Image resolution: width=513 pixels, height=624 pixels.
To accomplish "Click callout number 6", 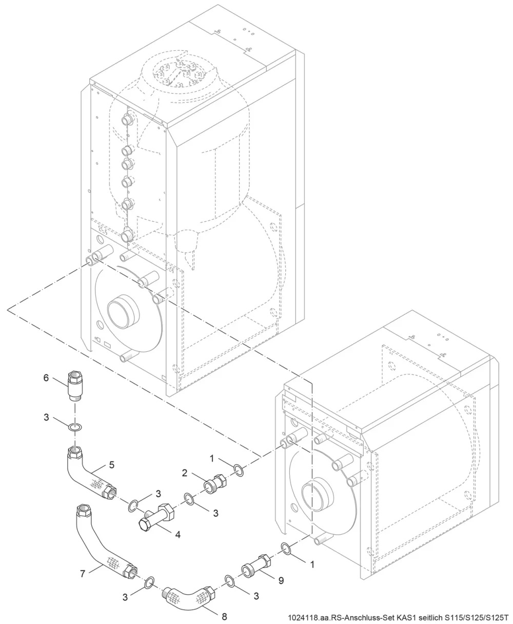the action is click(46, 378).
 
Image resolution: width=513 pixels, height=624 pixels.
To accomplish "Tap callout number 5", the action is click(112, 465).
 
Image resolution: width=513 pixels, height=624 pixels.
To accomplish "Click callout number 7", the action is click(83, 574).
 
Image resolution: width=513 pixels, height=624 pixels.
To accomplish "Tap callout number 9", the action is click(281, 580).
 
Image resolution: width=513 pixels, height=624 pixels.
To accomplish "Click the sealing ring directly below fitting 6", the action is click(75, 427).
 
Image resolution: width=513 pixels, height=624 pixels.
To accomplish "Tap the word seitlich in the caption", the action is click(430, 618).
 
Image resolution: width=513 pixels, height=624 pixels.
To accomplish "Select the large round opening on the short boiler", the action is click(318, 495).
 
